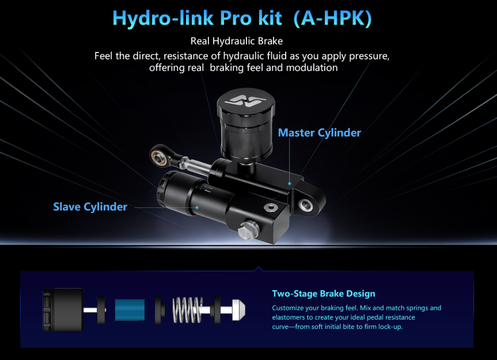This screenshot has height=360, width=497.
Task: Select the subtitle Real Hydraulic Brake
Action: click(237, 41)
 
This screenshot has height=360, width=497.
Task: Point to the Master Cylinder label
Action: click(319, 133)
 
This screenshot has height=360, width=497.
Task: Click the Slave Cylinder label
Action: click(90, 207)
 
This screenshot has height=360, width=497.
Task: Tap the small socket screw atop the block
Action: click(270, 207)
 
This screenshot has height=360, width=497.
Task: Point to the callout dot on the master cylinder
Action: click(291, 183)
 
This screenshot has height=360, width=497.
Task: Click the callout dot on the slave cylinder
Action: click(197, 207)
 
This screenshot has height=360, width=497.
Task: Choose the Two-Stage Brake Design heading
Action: click(323, 294)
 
